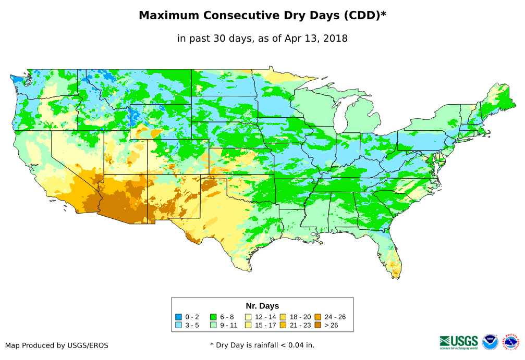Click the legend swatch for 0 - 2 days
(x=178, y=317)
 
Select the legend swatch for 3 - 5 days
(x=178, y=325)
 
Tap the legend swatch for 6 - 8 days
(x=213, y=317)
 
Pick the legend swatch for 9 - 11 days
(x=213, y=325)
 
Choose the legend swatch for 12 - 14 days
(x=248, y=317)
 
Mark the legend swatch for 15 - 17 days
(x=248, y=325)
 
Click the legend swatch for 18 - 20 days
(x=283, y=317)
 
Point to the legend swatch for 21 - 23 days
(x=283, y=325)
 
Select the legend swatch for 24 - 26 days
(x=318, y=317)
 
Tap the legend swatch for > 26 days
(x=318, y=325)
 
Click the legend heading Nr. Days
(x=262, y=306)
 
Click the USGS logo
(x=459, y=342)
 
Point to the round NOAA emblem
(x=490, y=342)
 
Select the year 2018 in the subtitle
(x=335, y=39)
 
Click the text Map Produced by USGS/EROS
(x=57, y=345)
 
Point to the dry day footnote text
(x=262, y=345)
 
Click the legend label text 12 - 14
(x=265, y=317)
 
